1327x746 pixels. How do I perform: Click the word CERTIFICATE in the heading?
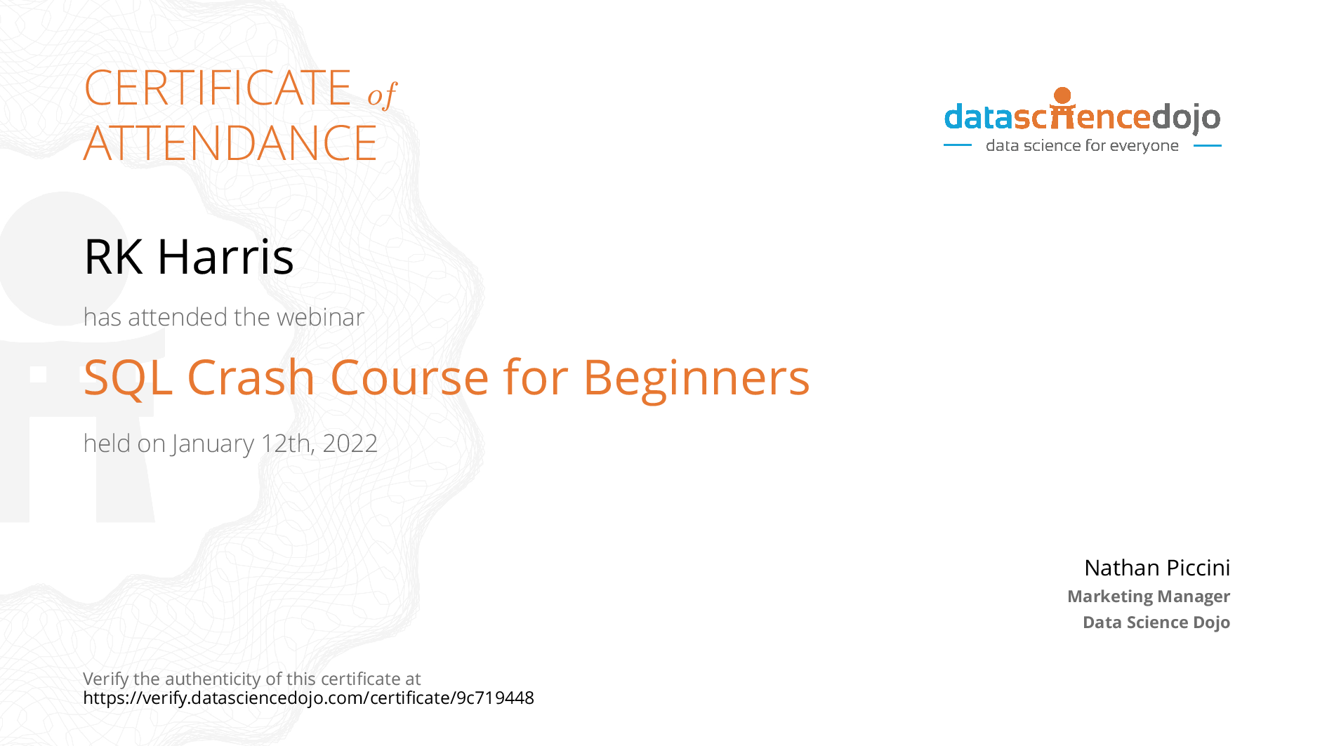tap(217, 88)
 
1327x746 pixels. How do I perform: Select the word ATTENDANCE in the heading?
tap(230, 142)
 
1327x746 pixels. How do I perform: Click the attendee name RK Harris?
tap(188, 256)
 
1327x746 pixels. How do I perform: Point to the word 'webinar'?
tap(321, 317)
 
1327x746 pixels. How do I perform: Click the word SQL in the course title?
tap(128, 378)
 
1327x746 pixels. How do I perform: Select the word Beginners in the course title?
tap(696, 379)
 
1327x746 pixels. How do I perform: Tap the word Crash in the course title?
tap(251, 378)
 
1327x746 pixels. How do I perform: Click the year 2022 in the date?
tap(350, 444)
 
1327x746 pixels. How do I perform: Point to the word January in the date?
tap(213, 444)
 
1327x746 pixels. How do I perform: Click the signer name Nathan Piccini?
tap(1157, 568)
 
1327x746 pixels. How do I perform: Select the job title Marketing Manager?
tap(1149, 597)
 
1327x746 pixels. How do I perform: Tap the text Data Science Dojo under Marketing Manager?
tap(1156, 622)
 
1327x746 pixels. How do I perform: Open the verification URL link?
tap(308, 698)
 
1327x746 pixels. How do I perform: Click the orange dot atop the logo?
tap(1063, 95)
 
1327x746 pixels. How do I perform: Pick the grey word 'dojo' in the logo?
tap(1186, 118)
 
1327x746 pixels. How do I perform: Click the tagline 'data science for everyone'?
tap(1082, 146)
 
